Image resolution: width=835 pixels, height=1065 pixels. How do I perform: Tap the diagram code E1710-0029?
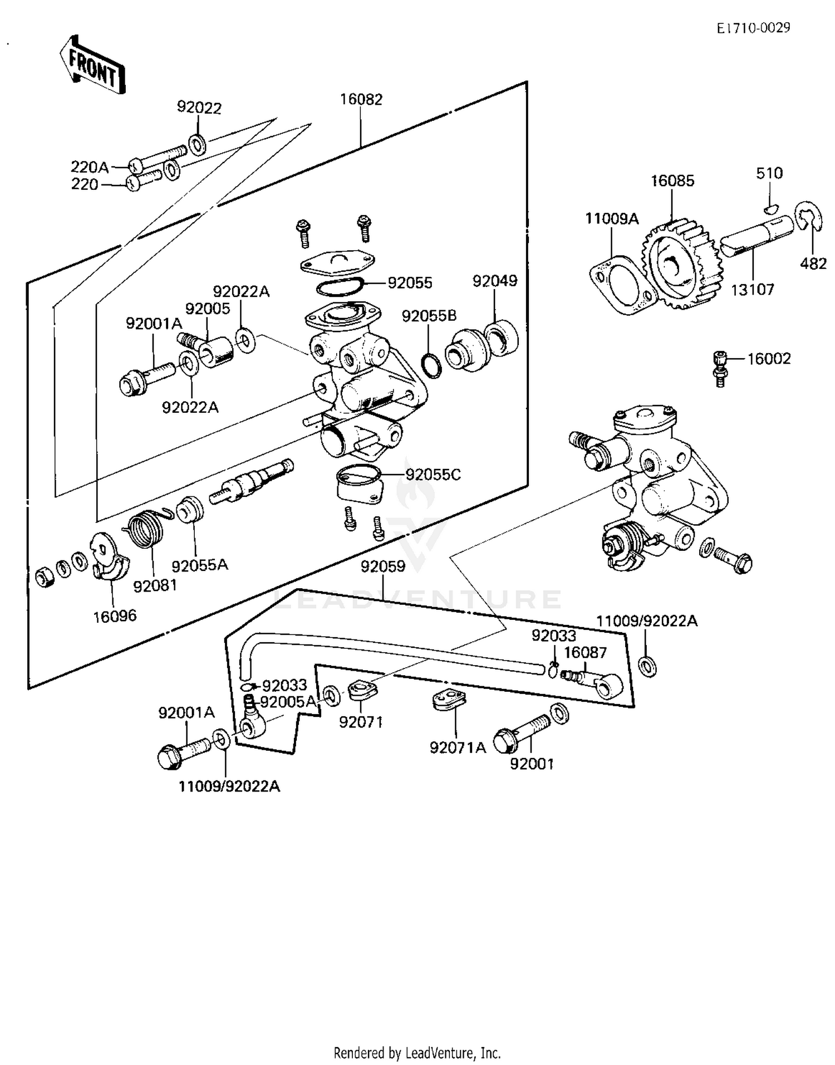753,28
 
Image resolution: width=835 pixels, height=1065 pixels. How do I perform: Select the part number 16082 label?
361,99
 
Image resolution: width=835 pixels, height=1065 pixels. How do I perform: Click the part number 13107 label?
752,290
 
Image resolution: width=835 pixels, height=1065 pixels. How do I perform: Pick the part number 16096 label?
114,616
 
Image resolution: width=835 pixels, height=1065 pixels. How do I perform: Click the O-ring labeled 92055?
340,287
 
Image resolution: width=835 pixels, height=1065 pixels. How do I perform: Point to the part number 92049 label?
495,281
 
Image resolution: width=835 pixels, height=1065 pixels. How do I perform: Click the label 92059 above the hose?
383,566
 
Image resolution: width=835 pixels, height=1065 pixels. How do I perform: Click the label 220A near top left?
89,167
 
